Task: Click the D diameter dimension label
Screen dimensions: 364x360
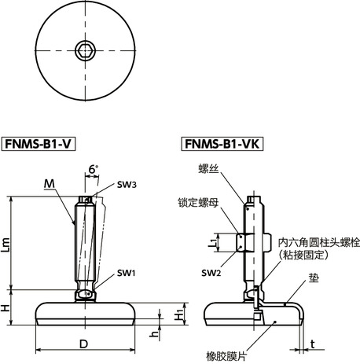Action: pos(84,344)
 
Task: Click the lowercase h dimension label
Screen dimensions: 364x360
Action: pos(156,334)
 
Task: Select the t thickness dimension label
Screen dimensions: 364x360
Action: pos(312,343)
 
